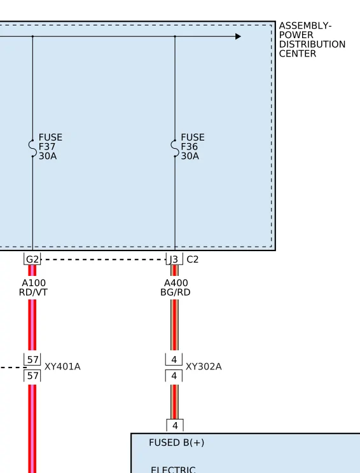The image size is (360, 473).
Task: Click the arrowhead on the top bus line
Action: coord(238,36)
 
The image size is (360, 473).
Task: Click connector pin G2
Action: coord(32,259)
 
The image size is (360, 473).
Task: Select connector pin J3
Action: coord(174,259)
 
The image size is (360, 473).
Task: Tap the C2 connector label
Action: coord(193,259)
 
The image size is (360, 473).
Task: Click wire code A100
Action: coord(34,283)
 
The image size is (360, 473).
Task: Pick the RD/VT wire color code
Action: coord(33,292)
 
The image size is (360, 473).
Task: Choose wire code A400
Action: coord(176,283)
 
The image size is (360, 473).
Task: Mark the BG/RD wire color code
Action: coord(176,292)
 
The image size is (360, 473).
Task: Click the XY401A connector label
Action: coord(62,367)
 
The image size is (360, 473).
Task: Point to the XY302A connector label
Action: coord(204,367)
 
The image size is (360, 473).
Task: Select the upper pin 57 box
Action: coord(32,360)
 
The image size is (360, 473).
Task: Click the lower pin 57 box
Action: coord(32,376)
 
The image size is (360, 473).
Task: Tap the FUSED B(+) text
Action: coord(177,442)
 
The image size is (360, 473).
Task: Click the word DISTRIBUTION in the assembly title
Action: coord(312,45)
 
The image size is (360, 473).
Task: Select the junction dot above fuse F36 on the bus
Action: coord(175,36)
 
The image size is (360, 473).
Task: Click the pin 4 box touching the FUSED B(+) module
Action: coord(175,426)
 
